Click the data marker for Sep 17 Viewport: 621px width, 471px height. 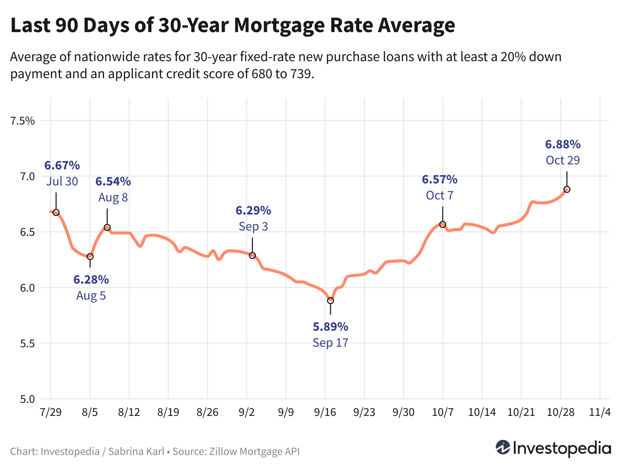click(330, 300)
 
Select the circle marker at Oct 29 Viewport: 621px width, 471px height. click(567, 189)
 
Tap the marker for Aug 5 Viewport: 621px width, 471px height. click(90, 256)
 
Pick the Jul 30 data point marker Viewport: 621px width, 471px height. click(56, 213)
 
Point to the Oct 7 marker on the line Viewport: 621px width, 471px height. click(443, 225)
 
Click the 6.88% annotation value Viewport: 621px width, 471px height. click(563, 145)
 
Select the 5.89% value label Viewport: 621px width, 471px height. click(330, 327)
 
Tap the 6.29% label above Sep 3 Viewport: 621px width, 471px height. click(253, 211)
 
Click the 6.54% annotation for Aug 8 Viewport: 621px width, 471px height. click(113, 181)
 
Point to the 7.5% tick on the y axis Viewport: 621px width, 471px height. click(23, 121)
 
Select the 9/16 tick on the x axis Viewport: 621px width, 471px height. click(325, 412)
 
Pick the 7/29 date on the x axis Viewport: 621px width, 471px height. click(50, 412)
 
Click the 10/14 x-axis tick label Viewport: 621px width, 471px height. click(482, 412)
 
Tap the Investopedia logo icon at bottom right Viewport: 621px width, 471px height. click(503, 447)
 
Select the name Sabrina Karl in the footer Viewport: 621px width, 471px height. click(136, 452)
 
